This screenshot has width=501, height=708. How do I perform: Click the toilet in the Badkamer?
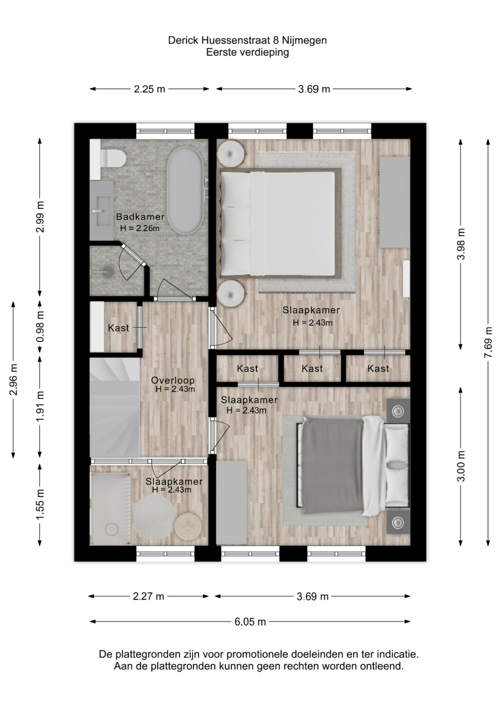[x=114, y=158]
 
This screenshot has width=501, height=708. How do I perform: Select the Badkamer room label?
[x=140, y=217]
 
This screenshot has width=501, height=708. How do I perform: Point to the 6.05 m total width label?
[x=250, y=622]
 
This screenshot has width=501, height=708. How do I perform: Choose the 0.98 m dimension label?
[x=40, y=326]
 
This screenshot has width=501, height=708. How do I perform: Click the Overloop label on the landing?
[x=173, y=380]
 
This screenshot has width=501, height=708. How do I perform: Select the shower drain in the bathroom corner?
[x=106, y=270]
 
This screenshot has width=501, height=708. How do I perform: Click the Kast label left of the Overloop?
[x=118, y=328]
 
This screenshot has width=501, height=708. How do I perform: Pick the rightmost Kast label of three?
[x=378, y=368]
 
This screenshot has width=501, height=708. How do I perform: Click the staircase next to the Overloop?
[x=114, y=407]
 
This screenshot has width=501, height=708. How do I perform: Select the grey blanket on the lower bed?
[x=333, y=465]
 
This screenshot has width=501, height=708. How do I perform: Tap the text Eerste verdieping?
[x=247, y=52]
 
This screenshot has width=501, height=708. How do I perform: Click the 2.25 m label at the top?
[x=150, y=89]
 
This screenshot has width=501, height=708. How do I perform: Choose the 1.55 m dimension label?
[x=40, y=505]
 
